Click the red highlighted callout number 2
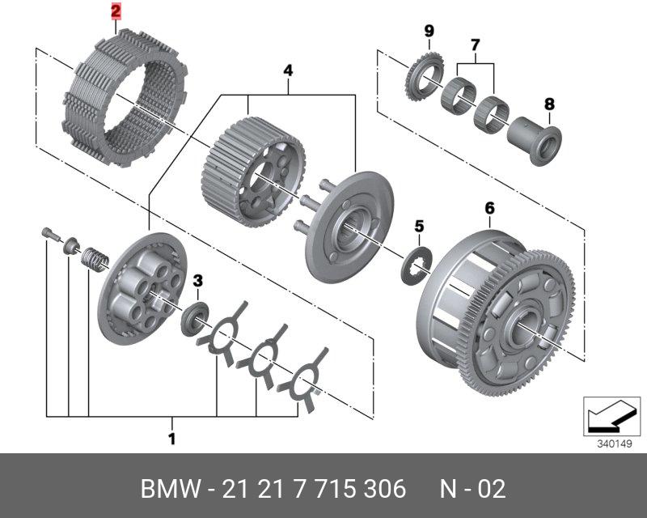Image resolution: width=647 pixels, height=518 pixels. tap(116, 11)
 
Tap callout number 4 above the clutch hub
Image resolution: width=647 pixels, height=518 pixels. tap(288, 70)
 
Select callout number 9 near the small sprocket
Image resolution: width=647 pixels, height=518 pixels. tap(429, 31)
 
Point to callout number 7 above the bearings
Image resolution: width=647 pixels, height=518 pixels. tap(475, 45)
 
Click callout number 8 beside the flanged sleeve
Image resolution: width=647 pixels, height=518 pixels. tap(549, 104)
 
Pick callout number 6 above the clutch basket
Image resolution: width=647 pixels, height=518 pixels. tap(489, 208)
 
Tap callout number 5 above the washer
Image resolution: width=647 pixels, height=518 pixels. tap(419, 227)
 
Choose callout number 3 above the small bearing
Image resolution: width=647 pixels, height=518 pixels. tap(198, 282)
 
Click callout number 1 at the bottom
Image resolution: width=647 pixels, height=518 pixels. tap(172, 439)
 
